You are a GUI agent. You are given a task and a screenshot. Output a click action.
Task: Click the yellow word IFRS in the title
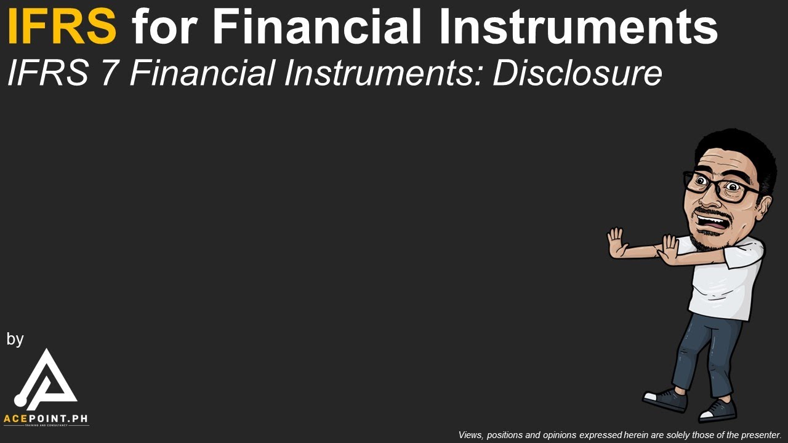tap(62, 27)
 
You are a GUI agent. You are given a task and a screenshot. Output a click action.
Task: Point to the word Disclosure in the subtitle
tap(577, 73)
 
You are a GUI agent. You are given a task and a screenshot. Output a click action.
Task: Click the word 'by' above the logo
tap(15, 339)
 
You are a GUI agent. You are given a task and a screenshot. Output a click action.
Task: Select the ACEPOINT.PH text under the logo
tap(46, 419)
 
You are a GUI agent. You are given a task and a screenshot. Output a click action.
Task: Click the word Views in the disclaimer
tap(471, 435)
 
